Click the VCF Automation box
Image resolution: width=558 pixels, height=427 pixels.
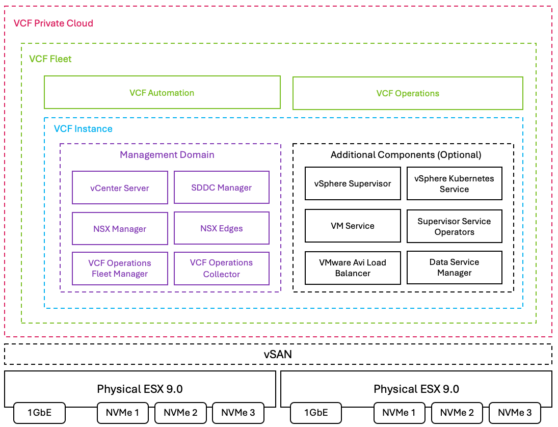[x=162, y=93]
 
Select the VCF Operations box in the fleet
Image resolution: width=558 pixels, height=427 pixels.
[x=408, y=93]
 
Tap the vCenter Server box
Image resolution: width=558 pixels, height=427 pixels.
[x=120, y=188]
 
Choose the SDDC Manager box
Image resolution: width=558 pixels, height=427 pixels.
[x=222, y=187]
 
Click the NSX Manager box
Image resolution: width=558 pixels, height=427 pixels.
[x=120, y=228]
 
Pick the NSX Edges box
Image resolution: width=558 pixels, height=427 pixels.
[x=222, y=228]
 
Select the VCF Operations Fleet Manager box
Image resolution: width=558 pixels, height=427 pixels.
[x=120, y=269]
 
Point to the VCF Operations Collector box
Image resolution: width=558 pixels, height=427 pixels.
[x=222, y=269]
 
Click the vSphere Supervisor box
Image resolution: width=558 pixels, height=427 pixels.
[x=353, y=183]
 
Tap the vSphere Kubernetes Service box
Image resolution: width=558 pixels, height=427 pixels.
[x=455, y=183]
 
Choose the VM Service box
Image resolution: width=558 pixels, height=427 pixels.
[x=353, y=226]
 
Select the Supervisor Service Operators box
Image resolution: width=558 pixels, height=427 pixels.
[x=455, y=226]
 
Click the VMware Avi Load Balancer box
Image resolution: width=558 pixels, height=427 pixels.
[x=353, y=268]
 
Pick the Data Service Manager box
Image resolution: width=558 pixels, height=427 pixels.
[x=455, y=268]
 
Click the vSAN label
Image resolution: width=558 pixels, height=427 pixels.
[x=278, y=355]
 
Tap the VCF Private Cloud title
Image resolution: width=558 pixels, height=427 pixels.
[x=54, y=23]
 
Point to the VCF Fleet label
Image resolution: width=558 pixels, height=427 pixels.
[x=50, y=59]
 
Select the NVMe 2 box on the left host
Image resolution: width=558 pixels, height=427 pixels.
[x=180, y=413]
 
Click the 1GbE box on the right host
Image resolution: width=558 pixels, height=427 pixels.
[x=316, y=413]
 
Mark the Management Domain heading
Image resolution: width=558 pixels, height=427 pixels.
[x=167, y=155]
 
